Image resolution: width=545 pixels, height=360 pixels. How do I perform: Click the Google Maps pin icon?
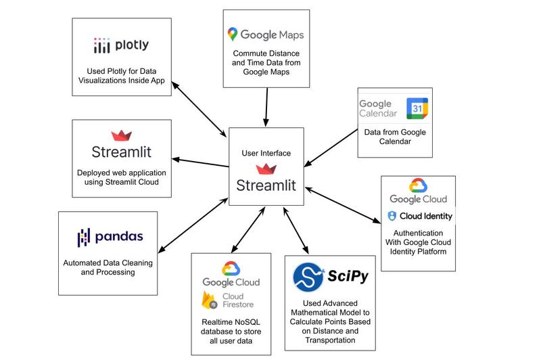pyautogui.click(x=232, y=34)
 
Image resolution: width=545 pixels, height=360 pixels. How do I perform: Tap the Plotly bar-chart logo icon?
pyautogui.click(x=101, y=45)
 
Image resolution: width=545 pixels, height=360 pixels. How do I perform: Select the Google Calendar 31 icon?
pyautogui.click(x=417, y=108)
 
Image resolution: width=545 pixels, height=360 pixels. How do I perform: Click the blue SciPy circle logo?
pyautogui.click(x=308, y=277)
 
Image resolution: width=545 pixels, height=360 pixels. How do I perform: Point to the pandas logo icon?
pyautogui.click(x=84, y=238)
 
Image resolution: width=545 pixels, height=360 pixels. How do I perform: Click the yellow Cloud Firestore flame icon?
pyautogui.click(x=209, y=300)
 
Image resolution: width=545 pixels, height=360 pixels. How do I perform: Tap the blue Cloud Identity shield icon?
pyautogui.click(x=392, y=216)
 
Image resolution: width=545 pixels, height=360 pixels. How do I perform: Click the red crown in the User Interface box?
pyautogui.click(x=266, y=169)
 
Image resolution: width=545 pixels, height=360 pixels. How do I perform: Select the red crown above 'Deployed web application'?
pyautogui.click(x=121, y=135)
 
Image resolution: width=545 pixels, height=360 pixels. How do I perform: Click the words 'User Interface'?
pyautogui.click(x=266, y=153)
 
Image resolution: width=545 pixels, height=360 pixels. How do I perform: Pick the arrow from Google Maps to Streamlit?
pyautogui.click(x=266, y=107)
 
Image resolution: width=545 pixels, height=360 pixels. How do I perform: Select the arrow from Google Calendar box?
pyautogui.click(x=331, y=148)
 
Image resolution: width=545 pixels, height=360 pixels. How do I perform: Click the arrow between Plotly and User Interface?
pyautogui.click(x=199, y=109)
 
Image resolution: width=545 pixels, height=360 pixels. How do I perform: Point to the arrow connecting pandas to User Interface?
pyautogui.click(x=193, y=225)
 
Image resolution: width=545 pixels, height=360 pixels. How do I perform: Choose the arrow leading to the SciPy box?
pyautogui.click(x=295, y=231)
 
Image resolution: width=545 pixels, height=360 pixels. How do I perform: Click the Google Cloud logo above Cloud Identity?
pyautogui.click(x=418, y=192)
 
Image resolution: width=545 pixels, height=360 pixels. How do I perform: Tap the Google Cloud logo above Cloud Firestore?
pyautogui.click(x=231, y=275)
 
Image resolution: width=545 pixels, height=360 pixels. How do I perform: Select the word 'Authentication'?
pyautogui.click(x=418, y=233)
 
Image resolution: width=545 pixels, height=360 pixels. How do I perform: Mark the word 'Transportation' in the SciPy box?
pyautogui.click(x=330, y=340)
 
